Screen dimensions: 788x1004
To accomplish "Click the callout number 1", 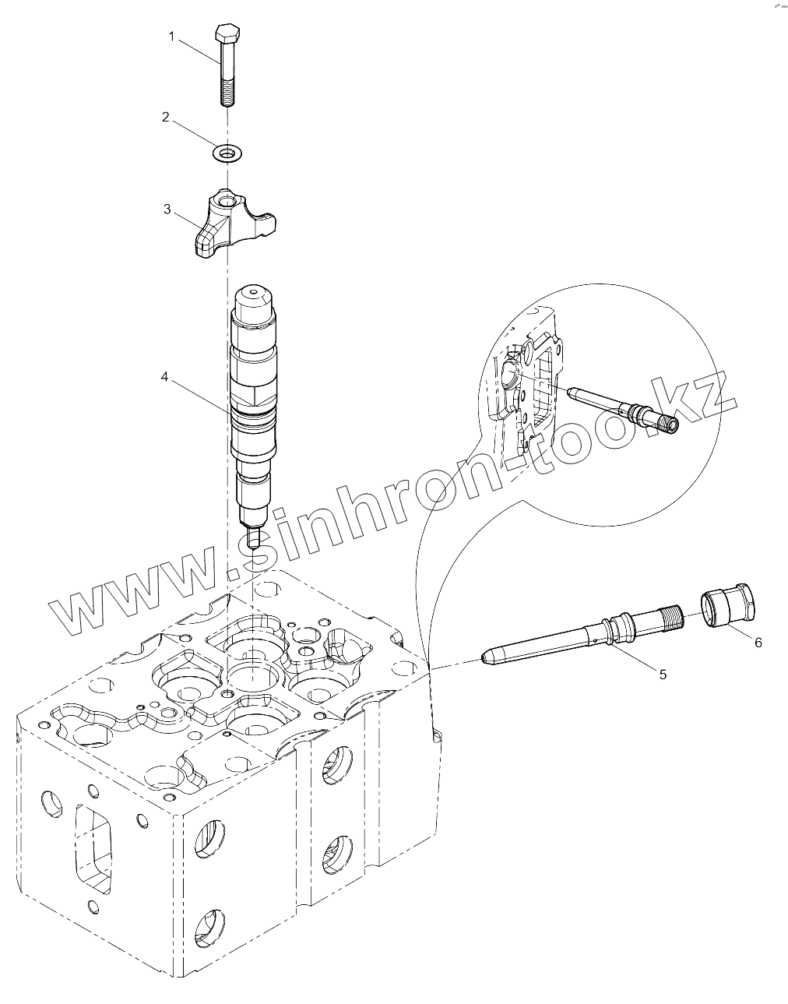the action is tap(173, 37).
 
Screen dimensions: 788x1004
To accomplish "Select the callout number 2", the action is tap(165, 117).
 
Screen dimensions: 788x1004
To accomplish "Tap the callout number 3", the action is tap(167, 209).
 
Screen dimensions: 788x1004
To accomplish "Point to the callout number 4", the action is tap(165, 377).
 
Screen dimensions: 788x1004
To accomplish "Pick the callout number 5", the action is tap(663, 675).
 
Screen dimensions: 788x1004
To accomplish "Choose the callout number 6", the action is tap(758, 642).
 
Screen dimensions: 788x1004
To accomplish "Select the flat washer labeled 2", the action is tap(227, 153).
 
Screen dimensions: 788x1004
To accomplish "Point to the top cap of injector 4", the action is tap(255, 300).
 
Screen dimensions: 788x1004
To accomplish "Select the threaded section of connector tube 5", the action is tap(666, 620).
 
